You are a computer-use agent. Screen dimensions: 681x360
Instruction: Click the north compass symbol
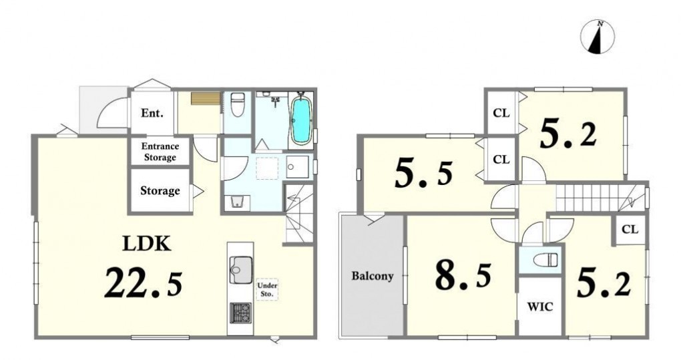point(598,37)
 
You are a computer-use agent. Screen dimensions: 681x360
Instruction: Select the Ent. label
point(152,114)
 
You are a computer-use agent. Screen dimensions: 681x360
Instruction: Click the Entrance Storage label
point(160,152)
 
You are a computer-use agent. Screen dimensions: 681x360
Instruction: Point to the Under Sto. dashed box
point(267,290)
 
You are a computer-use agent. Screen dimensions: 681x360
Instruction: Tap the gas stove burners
point(240,313)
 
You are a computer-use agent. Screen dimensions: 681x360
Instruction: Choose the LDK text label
point(146,244)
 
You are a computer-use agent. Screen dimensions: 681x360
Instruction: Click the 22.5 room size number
point(144,283)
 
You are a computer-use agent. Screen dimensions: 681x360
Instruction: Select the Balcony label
point(373,276)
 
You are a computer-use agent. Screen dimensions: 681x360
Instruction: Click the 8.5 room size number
point(463,276)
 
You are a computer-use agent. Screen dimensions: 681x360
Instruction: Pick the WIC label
point(540,307)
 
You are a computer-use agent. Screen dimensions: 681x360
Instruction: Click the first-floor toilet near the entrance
point(237,105)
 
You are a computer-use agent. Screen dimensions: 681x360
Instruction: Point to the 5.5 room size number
point(423,174)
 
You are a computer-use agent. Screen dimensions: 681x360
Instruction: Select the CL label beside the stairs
point(630,229)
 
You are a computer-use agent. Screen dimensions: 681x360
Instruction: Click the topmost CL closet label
point(501,114)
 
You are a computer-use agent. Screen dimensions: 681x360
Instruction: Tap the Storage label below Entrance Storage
point(160,190)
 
